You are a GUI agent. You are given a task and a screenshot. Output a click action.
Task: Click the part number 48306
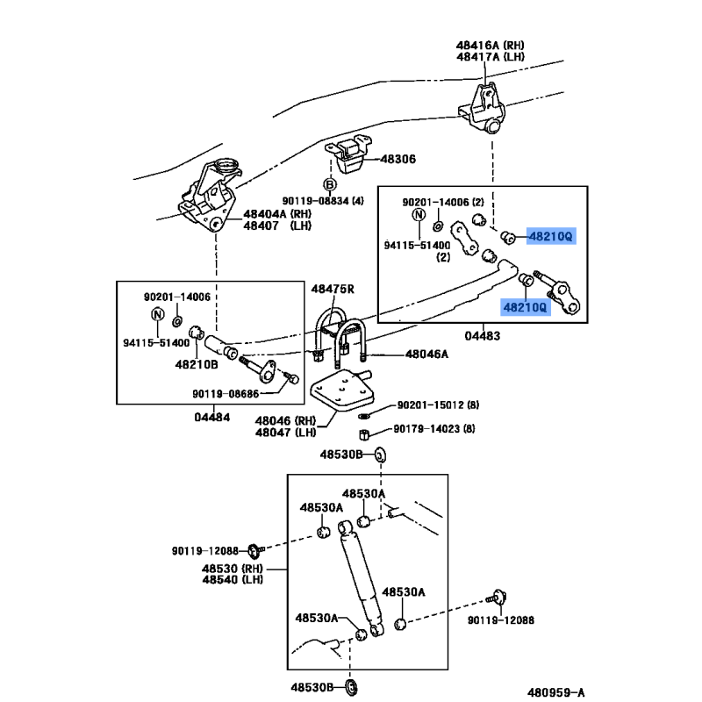point(398,160)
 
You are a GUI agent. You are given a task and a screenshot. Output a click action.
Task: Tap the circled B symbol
point(330,184)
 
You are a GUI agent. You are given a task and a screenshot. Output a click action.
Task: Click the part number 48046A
point(426,354)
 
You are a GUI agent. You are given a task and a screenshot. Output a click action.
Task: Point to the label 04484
point(211,417)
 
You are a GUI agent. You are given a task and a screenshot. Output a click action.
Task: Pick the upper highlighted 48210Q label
point(550,236)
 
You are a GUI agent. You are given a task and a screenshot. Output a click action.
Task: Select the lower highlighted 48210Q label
point(525,306)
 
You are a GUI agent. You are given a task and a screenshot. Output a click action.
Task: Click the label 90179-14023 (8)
point(433,429)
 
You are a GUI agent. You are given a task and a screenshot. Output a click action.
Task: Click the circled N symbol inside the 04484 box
point(158,315)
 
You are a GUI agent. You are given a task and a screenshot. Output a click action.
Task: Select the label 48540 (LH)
point(233,579)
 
